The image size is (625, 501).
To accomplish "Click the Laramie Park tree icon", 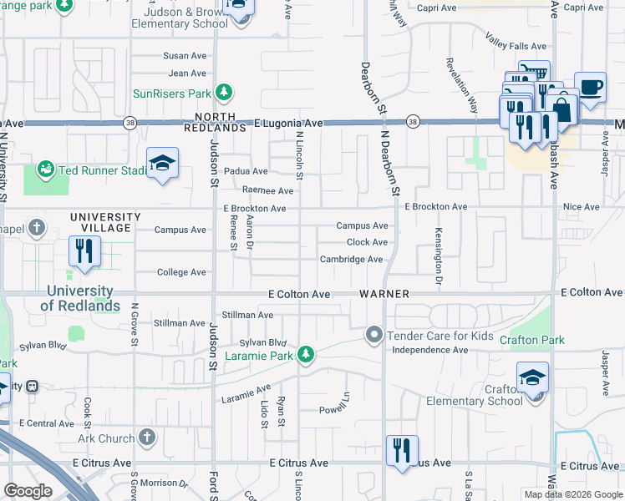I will click(x=307, y=355).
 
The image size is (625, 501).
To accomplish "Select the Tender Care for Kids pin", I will click(x=373, y=336).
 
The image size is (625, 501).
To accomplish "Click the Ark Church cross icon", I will click(x=147, y=438).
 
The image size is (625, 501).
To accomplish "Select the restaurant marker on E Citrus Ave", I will click(x=402, y=453).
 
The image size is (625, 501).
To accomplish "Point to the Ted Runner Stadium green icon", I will click(x=46, y=170).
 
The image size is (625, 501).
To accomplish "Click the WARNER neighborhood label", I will click(x=384, y=294).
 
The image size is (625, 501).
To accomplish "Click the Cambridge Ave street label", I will click(x=351, y=260).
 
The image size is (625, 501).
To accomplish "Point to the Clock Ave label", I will click(x=368, y=242).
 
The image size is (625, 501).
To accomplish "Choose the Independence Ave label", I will click(x=430, y=350).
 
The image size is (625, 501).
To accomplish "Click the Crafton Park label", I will click(x=531, y=340).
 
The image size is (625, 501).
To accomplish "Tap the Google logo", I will click(x=28, y=491).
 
